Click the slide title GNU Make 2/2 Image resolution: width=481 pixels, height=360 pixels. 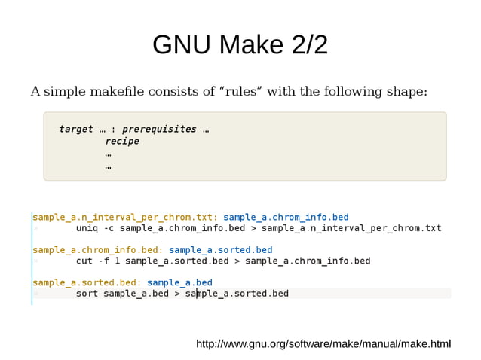click(x=240, y=45)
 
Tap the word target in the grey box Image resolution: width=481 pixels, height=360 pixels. click(x=76, y=129)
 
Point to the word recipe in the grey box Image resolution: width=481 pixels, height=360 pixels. click(x=121, y=141)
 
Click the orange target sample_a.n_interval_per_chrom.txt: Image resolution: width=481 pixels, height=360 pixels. click(x=125, y=217)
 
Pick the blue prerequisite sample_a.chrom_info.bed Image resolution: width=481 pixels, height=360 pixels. click(x=286, y=217)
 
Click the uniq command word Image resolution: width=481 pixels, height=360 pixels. click(x=87, y=228)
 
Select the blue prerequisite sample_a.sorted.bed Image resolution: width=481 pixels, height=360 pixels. click(x=220, y=249)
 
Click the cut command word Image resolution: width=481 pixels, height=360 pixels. click(x=84, y=261)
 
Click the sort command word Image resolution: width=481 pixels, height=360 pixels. click(x=87, y=293)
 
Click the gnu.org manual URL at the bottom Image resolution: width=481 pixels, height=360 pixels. click(x=323, y=344)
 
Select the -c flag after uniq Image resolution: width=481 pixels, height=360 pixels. click(x=109, y=228)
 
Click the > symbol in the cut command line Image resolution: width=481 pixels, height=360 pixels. click(x=237, y=261)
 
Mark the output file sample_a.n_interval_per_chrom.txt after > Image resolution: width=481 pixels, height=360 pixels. click(x=351, y=228)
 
